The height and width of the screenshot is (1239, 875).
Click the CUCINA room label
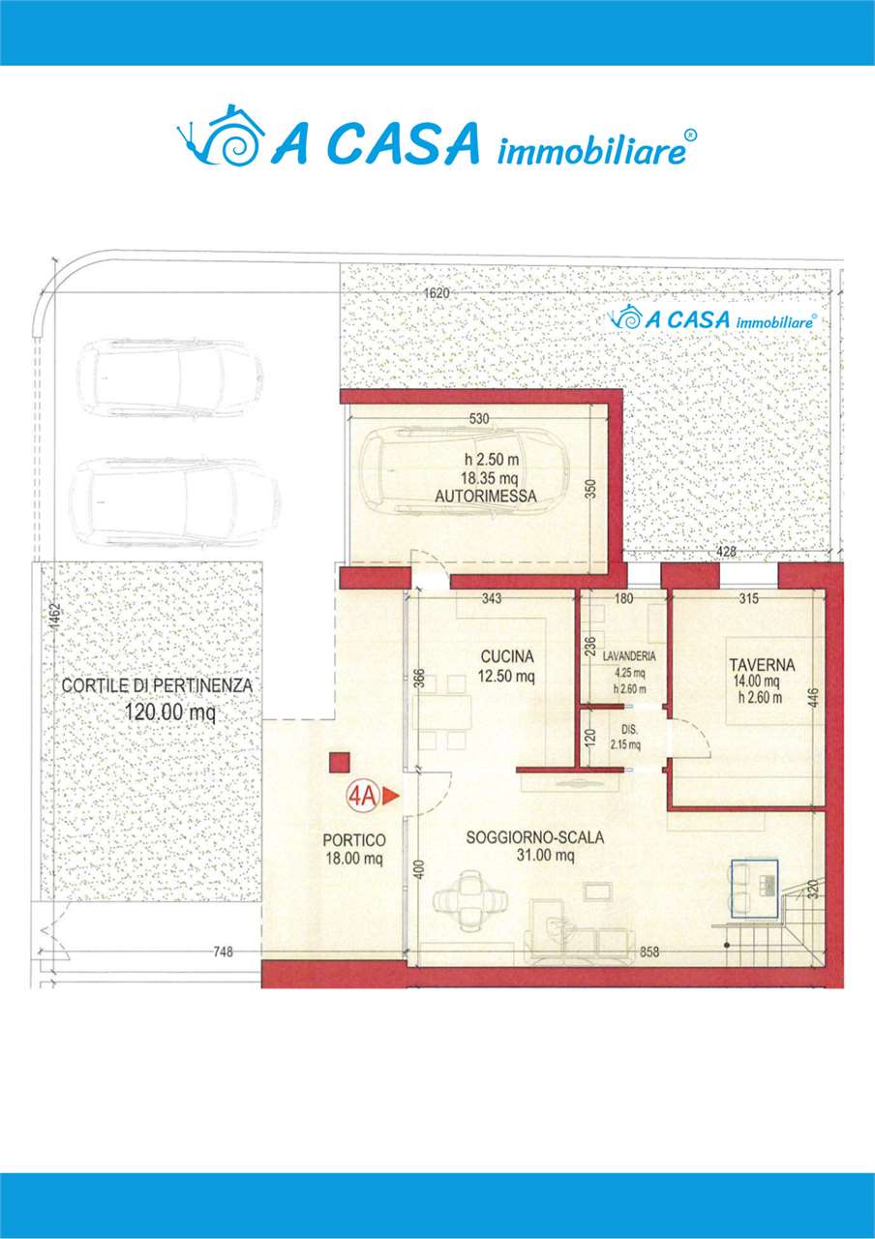click(507, 656)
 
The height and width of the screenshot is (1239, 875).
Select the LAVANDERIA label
click(629, 656)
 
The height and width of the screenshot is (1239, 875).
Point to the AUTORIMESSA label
click(486, 497)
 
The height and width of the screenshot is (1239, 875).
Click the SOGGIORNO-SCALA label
click(535, 837)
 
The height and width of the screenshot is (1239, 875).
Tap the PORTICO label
click(354, 840)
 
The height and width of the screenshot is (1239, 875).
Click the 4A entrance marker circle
click(362, 796)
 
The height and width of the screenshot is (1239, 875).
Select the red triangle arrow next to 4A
click(390, 796)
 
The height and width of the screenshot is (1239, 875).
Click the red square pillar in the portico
click(339, 762)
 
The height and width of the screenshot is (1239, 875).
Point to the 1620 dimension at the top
click(437, 293)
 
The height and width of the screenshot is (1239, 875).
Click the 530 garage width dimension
click(479, 419)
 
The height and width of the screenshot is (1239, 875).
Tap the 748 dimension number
click(224, 952)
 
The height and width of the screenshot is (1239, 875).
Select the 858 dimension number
click(649, 952)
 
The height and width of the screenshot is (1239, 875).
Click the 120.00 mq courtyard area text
click(169, 712)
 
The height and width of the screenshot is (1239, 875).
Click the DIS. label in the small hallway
click(625, 730)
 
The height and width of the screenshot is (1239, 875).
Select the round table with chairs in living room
click(470, 900)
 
